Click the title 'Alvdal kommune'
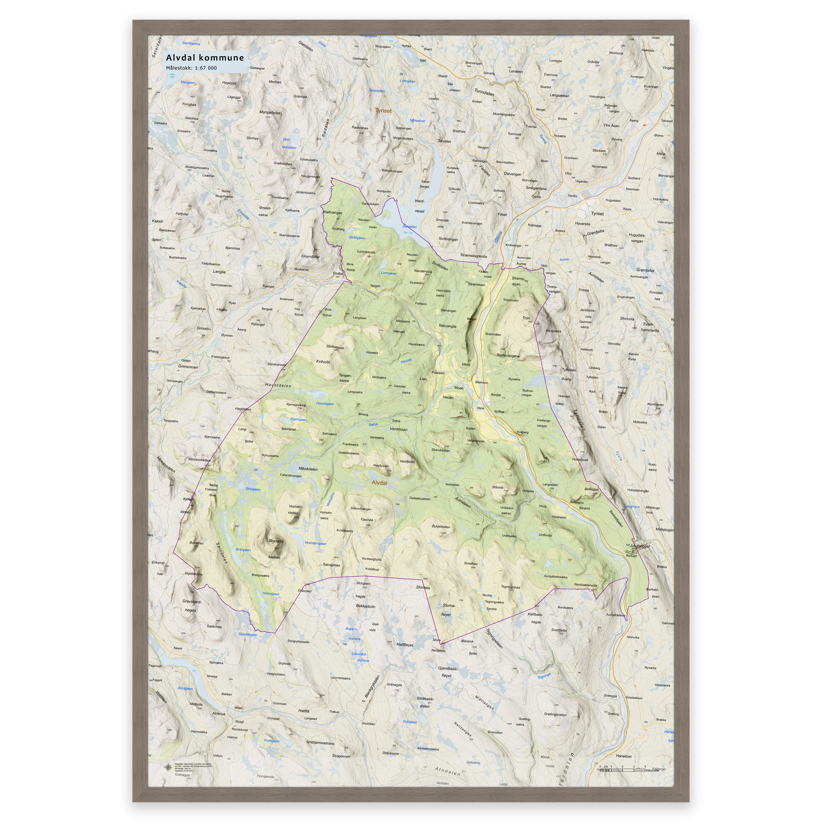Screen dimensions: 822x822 tap(205, 58)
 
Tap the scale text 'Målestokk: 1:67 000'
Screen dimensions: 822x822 tap(191, 68)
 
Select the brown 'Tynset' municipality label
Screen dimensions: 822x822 tap(383, 111)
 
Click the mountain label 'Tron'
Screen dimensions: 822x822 tap(526, 318)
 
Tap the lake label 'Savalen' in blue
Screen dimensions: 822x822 tap(409, 227)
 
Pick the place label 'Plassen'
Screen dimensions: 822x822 tap(438, 373)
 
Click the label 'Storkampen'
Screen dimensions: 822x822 tap(335, 347)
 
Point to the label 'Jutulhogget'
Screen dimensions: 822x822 tap(640, 546)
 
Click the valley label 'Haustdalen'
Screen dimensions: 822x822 tap(278, 385)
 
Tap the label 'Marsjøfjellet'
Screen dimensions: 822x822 tap(270, 113)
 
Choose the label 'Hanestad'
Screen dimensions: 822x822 tap(623, 756)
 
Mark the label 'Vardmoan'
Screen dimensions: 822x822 tap(398, 429)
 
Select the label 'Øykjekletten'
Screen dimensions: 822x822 tap(441, 526)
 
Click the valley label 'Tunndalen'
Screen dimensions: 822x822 tap(484, 93)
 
